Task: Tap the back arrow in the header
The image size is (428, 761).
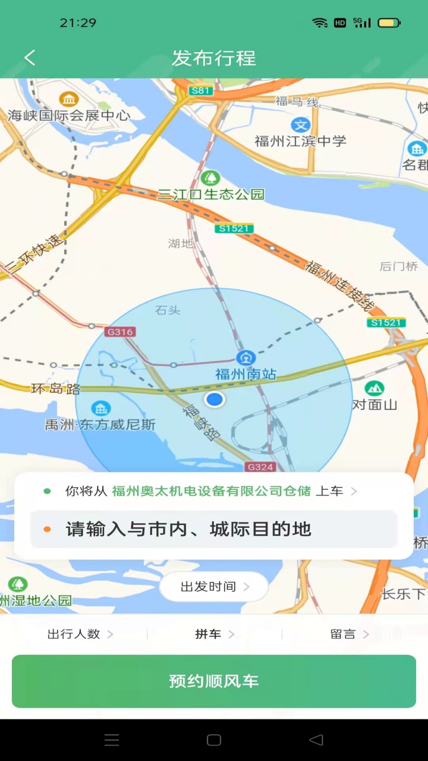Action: (x=30, y=58)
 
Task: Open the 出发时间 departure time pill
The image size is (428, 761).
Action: (x=214, y=587)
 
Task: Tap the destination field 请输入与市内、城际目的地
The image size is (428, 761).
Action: (x=214, y=529)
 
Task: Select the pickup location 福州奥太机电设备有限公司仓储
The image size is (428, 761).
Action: (x=211, y=491)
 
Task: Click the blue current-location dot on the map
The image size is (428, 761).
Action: (x=214, y=400)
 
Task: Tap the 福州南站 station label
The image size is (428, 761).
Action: (x=246, y=374)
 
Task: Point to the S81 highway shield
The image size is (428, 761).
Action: (x=201, y=90)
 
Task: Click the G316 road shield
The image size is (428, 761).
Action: (x=120, y=332)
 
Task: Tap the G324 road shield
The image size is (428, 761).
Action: (x=260, y=467)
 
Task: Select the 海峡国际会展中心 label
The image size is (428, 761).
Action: (x=69, y=115)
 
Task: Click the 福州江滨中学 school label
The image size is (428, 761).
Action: (x=300, y=141)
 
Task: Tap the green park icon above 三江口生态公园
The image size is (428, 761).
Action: (x=210, y=178)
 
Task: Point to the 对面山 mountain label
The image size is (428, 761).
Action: (x=374, y=404)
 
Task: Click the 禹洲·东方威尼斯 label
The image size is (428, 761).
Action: (x=100, y=424)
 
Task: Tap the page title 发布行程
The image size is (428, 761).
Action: (x=214, y=58)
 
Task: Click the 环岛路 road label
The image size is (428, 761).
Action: (x=56, y=389)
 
